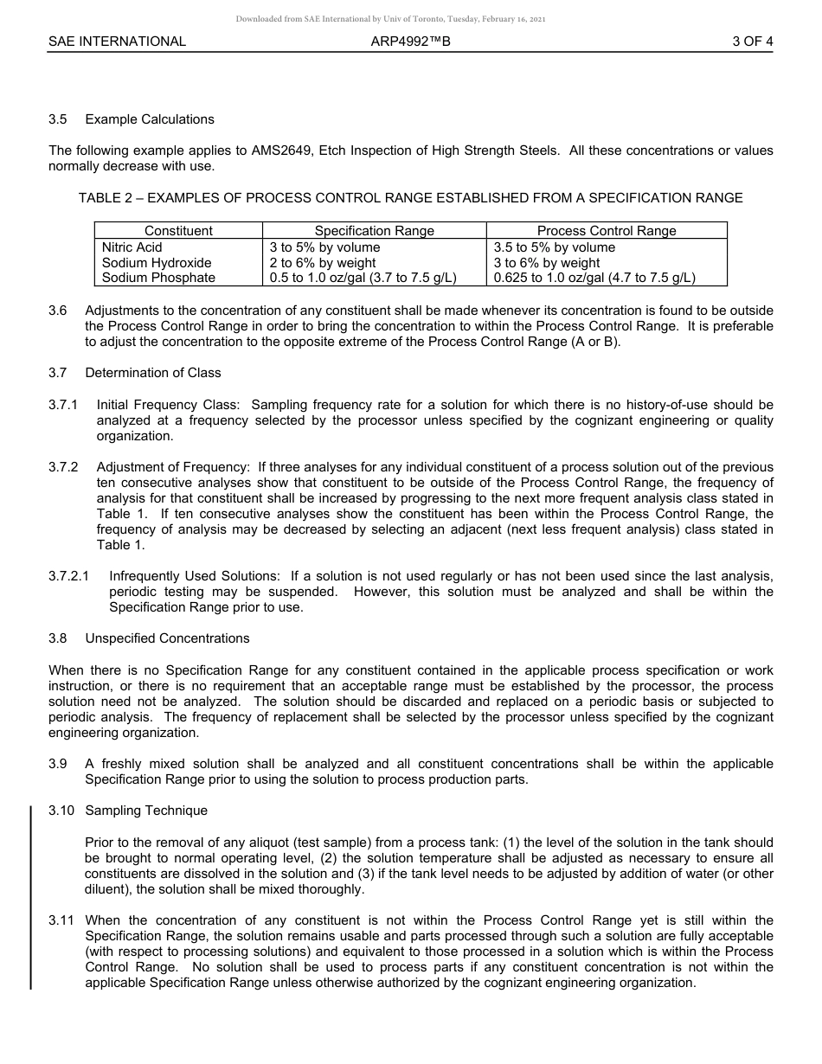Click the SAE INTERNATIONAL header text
click(117, 42)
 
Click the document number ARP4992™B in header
click(410, 42)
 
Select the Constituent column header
click(178, 231)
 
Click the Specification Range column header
click(374, 231)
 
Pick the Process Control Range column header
click(607, 231)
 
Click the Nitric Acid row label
click(132, 247)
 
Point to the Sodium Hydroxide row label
click(157, 263)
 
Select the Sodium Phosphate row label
click(158, 278)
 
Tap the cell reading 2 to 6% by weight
click(323, 263)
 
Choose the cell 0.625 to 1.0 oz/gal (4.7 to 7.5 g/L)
click(594, 278)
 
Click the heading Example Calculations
click(150, 119)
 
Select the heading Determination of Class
click(153, 373)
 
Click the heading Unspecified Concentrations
click(167, 638)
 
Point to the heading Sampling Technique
click(146, 811)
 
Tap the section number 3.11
click(61, 920)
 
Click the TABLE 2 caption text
click(410, 198)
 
